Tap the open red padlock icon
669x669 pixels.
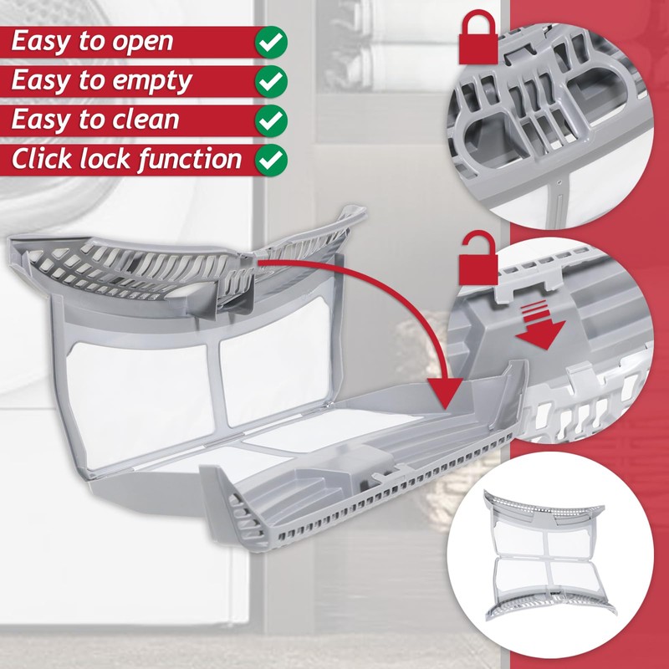474,261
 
